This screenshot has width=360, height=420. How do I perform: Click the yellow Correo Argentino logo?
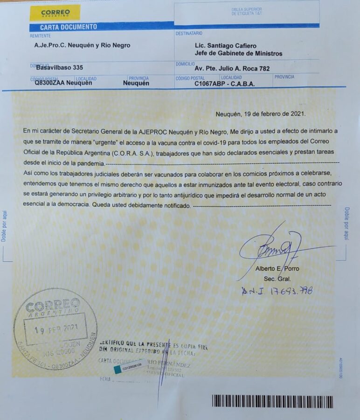point(55,13)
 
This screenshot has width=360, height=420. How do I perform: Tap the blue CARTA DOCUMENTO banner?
point(69,27)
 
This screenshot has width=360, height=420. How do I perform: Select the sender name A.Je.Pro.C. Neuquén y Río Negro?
point(83,46)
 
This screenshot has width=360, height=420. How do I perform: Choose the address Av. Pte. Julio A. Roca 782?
point(232,69)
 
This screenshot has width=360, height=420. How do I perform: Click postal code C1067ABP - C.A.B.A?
point(224,84)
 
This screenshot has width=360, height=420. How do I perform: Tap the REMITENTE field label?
point(40,35)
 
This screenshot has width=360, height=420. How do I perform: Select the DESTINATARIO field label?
point(189,34)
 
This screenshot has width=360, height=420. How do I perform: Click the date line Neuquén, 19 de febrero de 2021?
point(261,114)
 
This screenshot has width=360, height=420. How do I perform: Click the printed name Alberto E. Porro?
point(277,269)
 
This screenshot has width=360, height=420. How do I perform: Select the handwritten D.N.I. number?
point(277,291)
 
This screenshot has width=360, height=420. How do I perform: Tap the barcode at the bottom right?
point(272,402)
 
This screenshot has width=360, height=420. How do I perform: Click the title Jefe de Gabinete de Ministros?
point(238,54)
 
